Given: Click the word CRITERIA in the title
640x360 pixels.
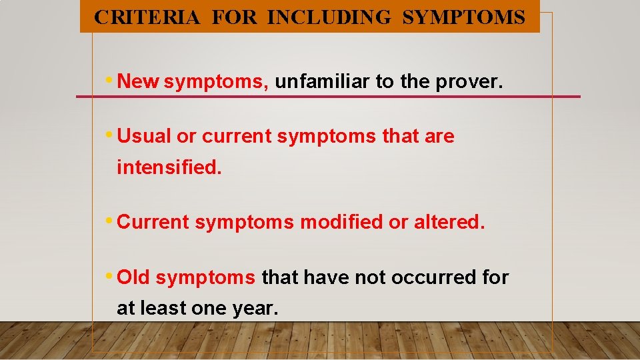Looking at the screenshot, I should [147, 17].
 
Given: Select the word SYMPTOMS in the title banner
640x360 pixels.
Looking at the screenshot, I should [463, 17].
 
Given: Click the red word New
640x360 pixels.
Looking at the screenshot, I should [138, 82].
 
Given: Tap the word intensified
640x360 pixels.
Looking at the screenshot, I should [169, 167].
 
